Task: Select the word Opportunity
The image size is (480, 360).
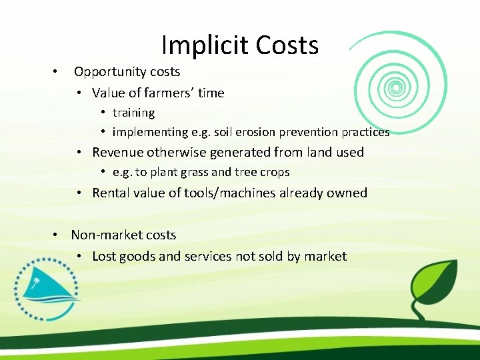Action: pyautogui.click(x=111, y=71)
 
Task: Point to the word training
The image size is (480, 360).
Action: pyautogui.click(x=133, y=113)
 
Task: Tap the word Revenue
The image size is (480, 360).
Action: pyautogui.click(x=118, y=152)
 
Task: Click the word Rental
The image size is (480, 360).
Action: pyautogui.click(x=112, y=193)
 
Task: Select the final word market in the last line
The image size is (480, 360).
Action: pyautogui.click(x=325, y=256)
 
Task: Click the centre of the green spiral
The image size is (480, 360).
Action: pyautogui.click(x=396, y=87)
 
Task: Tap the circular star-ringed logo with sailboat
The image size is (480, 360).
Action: pyautogui.click(x=43, y=289)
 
